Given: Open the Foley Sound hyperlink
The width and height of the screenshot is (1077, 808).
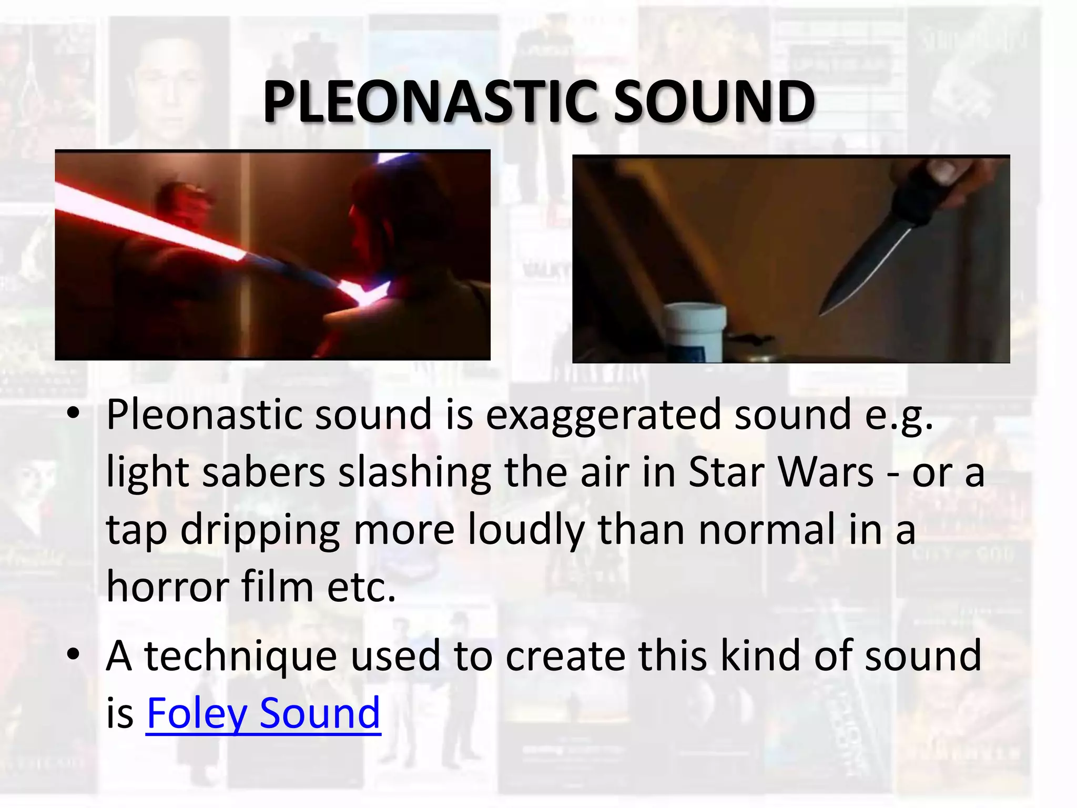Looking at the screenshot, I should click(x=263, y=713).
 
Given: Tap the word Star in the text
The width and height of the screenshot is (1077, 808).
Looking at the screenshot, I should click(x=727, y=472).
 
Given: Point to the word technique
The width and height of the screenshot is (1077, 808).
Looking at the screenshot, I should click(x=240, y=656).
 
